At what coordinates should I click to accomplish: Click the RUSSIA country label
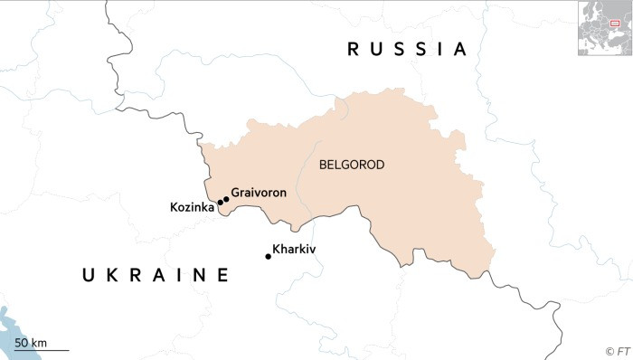(x=408, y=50)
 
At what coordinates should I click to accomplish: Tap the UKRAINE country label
(x=156, y=275)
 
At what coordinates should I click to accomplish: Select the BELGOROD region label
(x=352, y=165)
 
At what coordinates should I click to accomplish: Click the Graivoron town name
(x=259, y=192)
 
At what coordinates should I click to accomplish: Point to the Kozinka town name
(x=192, y=207)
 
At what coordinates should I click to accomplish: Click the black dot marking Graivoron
(x=226, y=199)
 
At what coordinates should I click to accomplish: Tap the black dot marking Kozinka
(x=220, y=203)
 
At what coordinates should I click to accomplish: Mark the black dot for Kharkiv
(x=268, y=257)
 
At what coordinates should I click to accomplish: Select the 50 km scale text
(x=31, y=342)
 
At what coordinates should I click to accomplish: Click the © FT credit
(x=616, y=350)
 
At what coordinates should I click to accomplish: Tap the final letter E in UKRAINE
(x=222, y=275)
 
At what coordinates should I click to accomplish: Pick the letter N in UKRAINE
(x=198, y=275)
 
